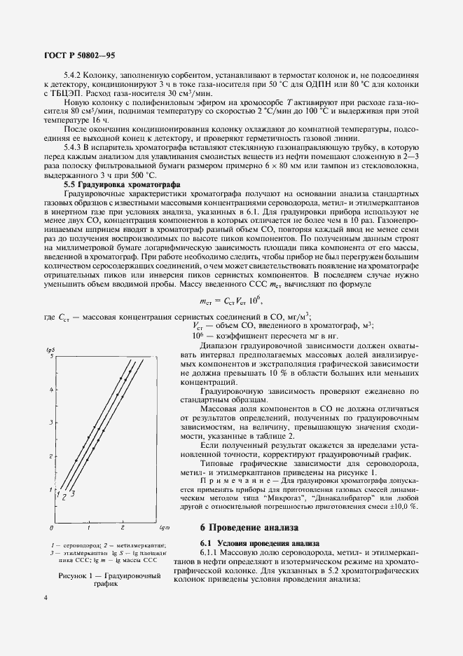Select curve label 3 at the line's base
[72, 496]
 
